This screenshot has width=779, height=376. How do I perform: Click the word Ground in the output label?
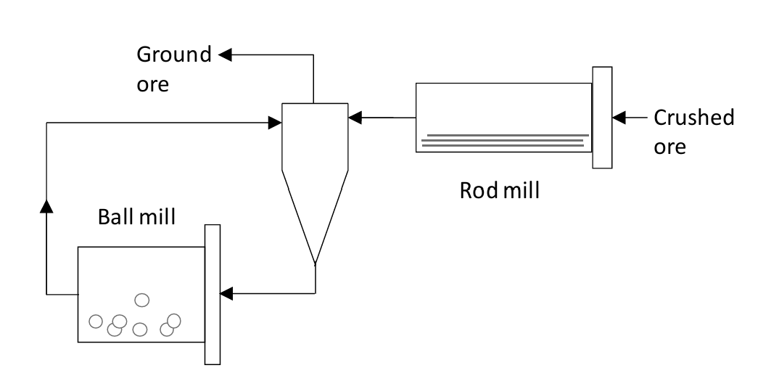coord(173,55)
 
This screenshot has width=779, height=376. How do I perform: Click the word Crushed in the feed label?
coord(694,118)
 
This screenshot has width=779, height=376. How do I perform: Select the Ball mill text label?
coord(137,217)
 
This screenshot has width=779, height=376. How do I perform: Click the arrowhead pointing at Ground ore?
coord(226,54)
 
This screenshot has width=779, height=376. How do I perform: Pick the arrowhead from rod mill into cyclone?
coord(355,117)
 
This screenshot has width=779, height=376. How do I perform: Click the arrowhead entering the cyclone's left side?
coord(275,123)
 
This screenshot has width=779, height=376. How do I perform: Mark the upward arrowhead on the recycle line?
coord(47,205)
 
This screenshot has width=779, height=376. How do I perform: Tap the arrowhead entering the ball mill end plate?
coord(226,293)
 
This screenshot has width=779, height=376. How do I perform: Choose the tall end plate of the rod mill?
coord(602,118)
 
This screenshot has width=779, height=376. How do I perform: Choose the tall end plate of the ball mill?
coord(213,293)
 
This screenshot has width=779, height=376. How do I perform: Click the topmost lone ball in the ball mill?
coord(143,299)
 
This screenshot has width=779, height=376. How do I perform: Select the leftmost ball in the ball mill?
coord(95,321)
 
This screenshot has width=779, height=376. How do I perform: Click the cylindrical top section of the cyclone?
coord(314,136)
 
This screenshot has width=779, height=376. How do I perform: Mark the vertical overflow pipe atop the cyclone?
coord(313,80)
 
